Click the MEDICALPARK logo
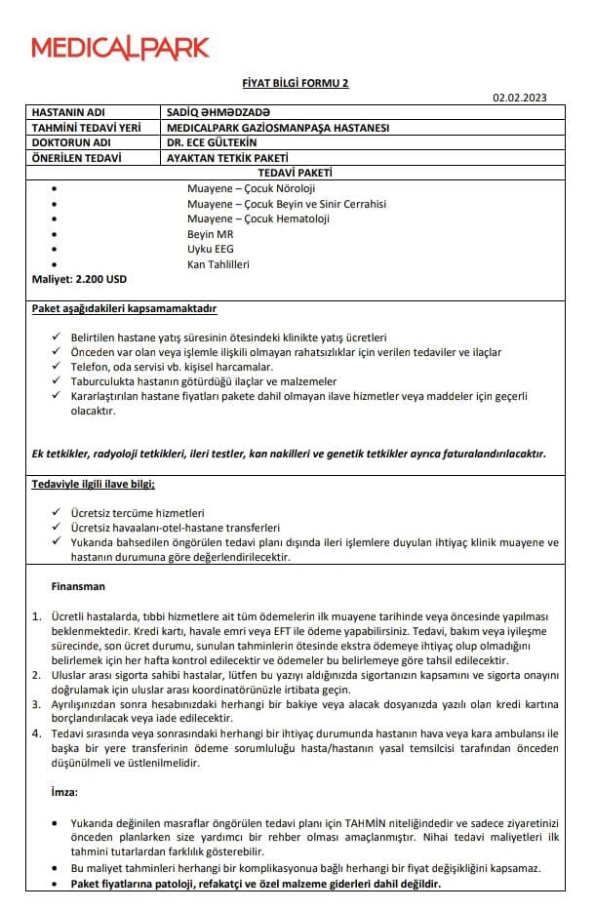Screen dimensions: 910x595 pyautogui.click(x=120, y=47)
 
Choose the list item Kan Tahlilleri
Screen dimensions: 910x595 pyautogui.click(x=218, y=264)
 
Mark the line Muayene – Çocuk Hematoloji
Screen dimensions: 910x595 pyautogui.click(x=258, y=218)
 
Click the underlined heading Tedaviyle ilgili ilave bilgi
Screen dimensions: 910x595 pyautogui.click(x=94, y=484)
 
